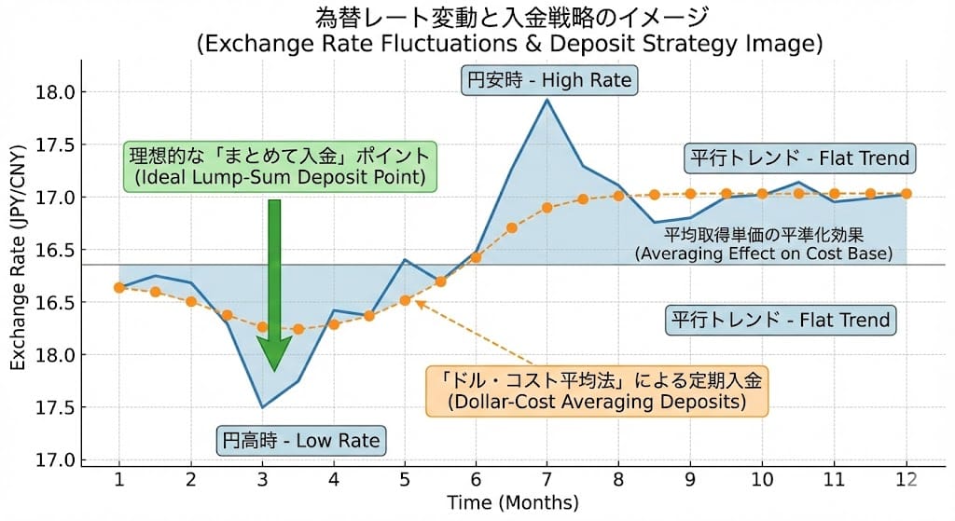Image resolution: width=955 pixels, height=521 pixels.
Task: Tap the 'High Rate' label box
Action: [548, 81]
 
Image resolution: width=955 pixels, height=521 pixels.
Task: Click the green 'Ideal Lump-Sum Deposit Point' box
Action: [280, 166]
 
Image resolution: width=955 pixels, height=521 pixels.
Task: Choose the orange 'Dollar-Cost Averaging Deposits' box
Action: [597, 391]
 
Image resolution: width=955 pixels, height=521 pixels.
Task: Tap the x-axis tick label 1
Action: [118, 479]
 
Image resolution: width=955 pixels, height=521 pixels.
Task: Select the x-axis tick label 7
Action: [547, 479]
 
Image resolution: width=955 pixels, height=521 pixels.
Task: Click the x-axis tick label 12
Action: [906, 479]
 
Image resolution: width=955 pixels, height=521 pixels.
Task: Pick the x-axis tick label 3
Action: [262, 479]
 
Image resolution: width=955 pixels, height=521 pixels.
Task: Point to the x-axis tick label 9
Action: [690, 479]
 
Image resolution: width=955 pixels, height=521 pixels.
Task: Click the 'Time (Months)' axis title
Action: [512, 503]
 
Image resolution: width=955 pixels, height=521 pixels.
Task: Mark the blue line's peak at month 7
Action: [547, 100]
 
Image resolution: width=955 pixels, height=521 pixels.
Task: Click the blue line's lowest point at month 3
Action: [262, 407]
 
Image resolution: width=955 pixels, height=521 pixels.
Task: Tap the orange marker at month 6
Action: [476, 256]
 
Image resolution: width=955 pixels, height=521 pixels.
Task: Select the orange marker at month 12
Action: [906, 194]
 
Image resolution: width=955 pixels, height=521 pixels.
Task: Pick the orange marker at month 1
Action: [118, 287]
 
